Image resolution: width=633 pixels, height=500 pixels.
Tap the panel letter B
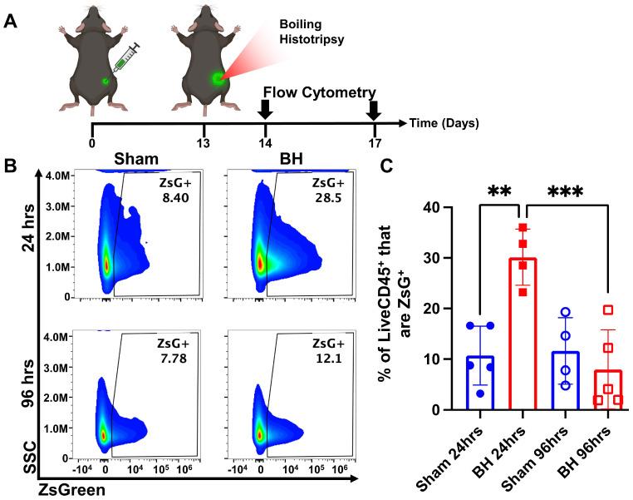[x=12, y=165]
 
